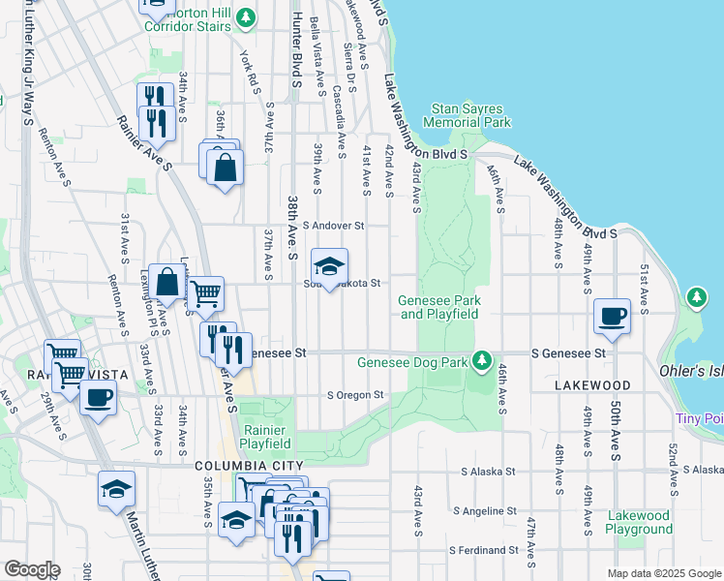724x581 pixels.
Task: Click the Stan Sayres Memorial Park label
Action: click(x=470, y=116)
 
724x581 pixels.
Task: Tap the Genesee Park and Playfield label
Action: click(x=439, y=307)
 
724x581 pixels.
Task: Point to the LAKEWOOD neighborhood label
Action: click(x=593, y=385)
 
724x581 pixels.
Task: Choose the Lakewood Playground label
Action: click(x=639, y=522)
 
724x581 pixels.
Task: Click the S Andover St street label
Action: click(x=332, y=226)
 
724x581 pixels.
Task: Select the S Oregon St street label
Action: click(x=355, y=395)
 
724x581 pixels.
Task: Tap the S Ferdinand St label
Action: click(x=490, y=550)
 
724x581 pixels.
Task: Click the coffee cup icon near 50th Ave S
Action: click(x=613, y=316)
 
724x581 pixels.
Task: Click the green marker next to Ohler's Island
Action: click(x=696, y=297)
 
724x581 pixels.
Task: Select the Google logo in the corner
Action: click(x=32, y=569)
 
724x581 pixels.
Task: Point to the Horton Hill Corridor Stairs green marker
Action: click(x=247, y=16)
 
